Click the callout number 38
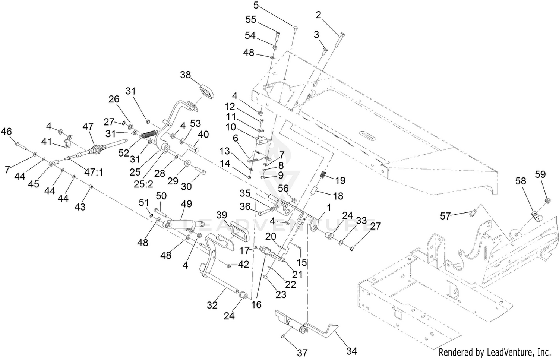pos(186,75)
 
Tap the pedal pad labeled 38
pos(207,92)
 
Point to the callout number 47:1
pos(94,172)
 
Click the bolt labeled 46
pos(21,146)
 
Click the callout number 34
pos(352,351)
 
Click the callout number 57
pos(445,216)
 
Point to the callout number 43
pos(80,206)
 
